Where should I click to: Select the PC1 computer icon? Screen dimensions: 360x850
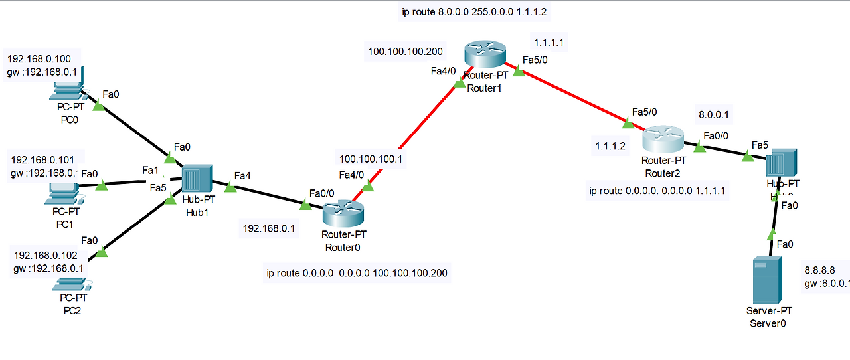(x=64, y=193)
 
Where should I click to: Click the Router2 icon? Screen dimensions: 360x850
(x=663, y=139)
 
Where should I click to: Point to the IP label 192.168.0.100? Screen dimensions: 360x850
(x=43, y=58)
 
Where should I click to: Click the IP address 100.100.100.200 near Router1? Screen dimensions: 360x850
(x=405, y=51)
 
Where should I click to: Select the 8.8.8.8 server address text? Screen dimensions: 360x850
(x=819, y=270)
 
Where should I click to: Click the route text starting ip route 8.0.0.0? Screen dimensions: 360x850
(x=478, y=12)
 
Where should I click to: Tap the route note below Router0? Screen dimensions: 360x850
(x=357, y=273)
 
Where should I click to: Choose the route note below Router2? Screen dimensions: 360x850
(x=657, y=191)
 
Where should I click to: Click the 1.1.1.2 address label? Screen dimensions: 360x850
(x=610, y=146)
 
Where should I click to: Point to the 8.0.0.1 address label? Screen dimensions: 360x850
(x=714, y=114)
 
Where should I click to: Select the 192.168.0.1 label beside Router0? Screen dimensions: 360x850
(x=270, y=229)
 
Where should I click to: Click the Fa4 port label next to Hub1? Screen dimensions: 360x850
(x=243, y=177)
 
